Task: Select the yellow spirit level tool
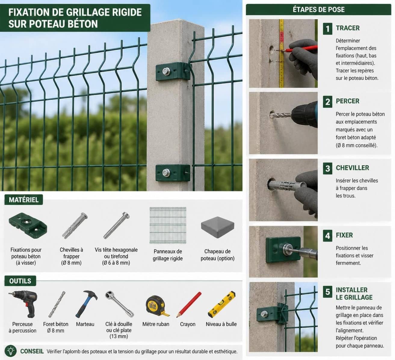pos(221,304)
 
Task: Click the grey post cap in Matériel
pos(218,227)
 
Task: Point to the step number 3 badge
pos(327,169)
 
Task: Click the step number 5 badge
pos(327,292)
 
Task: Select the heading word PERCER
pos(347,101)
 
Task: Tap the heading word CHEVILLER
pos(352,168)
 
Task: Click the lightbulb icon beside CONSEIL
pos(11,351)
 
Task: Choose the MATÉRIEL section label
pos(24,200)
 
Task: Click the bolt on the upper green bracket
pos(166,71)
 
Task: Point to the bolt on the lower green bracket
pos(166,172)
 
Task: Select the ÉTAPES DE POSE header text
pos(319,9)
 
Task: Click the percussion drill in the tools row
pos(23,304)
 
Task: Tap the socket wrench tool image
pos(119,304)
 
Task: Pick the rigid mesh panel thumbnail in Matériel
pos(168,225)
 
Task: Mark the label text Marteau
pos(85,324)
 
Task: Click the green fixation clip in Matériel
pos(28,225)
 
